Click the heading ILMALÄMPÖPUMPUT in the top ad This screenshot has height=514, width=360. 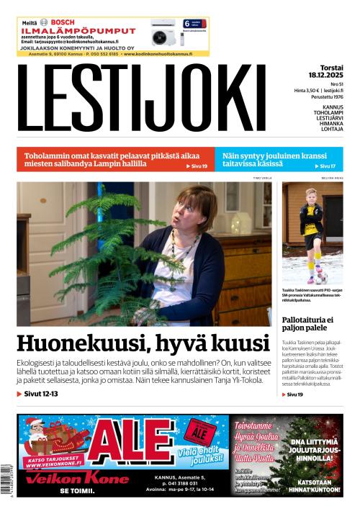click(x=78, y=31)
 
